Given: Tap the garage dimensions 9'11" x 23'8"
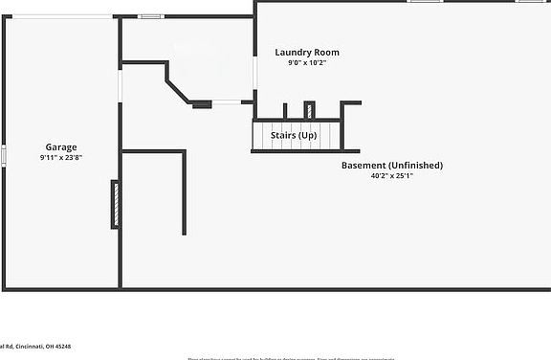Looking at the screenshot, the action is [x=61, y=157].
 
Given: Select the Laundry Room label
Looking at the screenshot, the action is [x=307, y=53].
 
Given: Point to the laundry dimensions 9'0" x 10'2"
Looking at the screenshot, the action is [x=307, y=63].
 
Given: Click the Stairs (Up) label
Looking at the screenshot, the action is [x=294, y=136].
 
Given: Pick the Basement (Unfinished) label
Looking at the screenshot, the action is [x=392, y=166].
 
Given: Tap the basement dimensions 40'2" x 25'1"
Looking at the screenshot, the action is [x=392, y=175].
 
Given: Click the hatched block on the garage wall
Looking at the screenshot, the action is [x=116, y=204].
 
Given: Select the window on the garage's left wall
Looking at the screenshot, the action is [x=4, y=154].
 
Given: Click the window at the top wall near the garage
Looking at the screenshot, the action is [x=149, y=16].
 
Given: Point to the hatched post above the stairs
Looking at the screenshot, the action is [x=309, y=109].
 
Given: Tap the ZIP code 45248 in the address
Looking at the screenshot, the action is [x=62, y=347].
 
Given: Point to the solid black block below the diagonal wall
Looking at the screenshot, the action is [x=201, y=104].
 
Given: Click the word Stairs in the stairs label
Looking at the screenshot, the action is [x=282, y=136].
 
